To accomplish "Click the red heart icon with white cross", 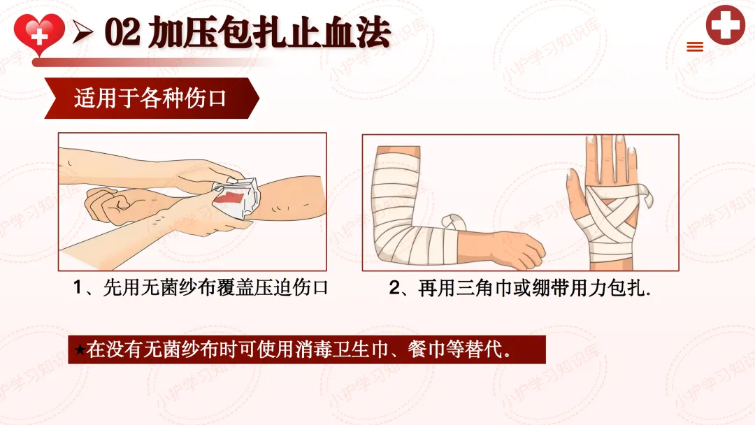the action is click(x=39, y=34).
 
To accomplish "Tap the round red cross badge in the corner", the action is click(x=726, y=24).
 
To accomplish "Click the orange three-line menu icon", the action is click(x=695, y=47).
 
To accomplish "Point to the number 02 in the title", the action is click(x=122, y=32).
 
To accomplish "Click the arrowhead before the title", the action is click(x=82, y=32).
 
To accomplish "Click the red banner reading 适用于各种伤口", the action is click(x=152, y=98).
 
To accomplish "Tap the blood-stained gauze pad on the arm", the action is click(x=238, y=199).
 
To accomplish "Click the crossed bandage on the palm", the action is click(x=612, y=212).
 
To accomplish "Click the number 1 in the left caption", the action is click(x=78, y=288).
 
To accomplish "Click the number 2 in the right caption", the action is click(x=394, y=288).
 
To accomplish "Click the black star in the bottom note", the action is click(x=80, y=350).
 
